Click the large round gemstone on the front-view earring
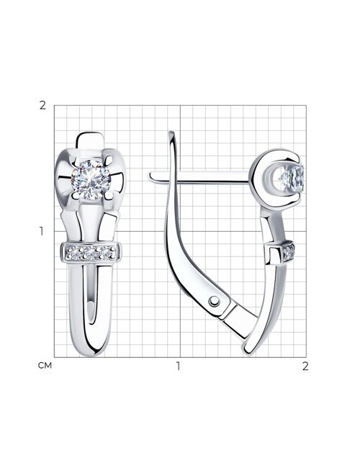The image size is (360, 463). (x=91, y=179)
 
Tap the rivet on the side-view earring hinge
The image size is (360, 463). (x=214, y=301)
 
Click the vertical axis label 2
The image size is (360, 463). (x=42, y=105)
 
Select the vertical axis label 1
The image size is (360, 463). (x=42, y=232)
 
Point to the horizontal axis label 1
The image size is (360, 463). (x=178, y=366)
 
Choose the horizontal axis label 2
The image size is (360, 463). (x=305, y=366)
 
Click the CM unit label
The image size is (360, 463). (x=45, y=366)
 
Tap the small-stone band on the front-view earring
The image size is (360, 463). (x=91, y=253)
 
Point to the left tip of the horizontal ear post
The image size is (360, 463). (x=150, y=176)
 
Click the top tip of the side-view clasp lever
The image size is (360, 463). (x=171, y=133)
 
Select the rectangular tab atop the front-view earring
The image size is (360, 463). (x=91, y=140)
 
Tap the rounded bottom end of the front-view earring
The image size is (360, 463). (x=91, y=350)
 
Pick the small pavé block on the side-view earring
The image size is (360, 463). (x=281, y=253)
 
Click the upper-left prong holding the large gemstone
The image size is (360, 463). (x=76, y=161)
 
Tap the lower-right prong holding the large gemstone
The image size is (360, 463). (x=109, y=195)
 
